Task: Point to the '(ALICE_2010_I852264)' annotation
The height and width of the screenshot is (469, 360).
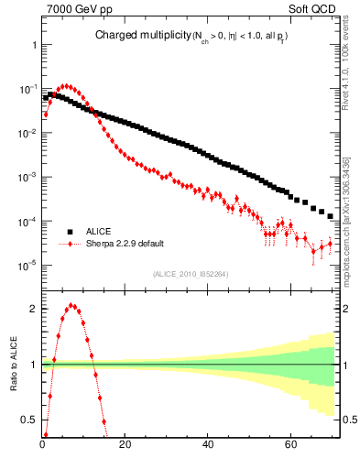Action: click(x=188, y=274)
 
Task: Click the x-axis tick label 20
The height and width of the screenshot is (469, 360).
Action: click(x=125, y=446)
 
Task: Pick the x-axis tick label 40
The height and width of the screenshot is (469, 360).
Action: click(x=208, y=446)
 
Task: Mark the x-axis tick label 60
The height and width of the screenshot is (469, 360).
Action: click(x=290, y=446)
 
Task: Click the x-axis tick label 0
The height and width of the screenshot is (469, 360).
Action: click(x=43, y=446)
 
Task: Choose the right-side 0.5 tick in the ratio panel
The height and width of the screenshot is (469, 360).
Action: click(x=348, y=420)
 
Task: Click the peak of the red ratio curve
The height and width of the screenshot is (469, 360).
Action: click(x=71, y=306)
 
